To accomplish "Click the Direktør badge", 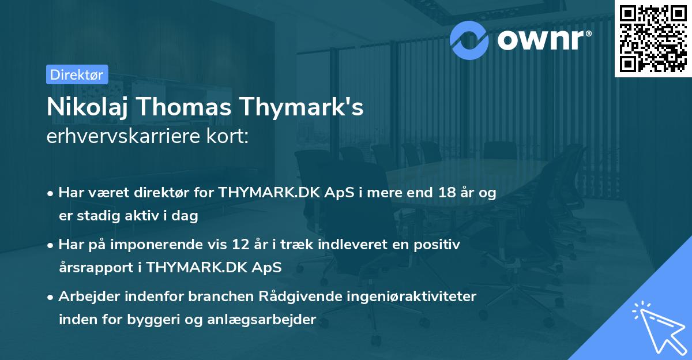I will pyautogui.click(x=77, y=74).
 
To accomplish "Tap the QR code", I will pyautogui.click(x=653, y=39).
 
